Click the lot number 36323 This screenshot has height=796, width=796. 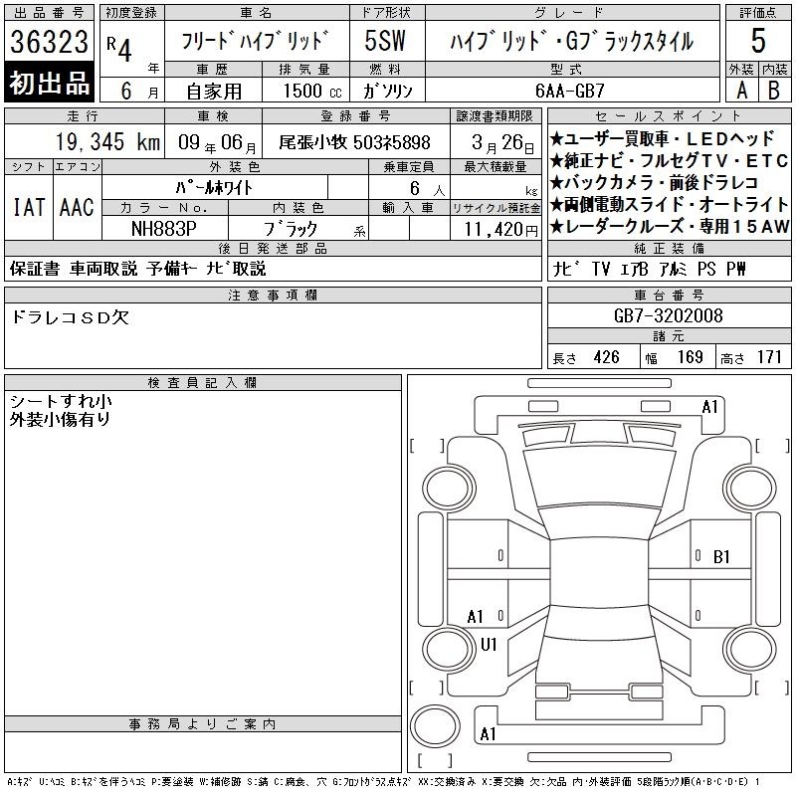point(49,42)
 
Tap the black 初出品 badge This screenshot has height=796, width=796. point(49,83)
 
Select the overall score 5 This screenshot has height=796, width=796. point(758,41)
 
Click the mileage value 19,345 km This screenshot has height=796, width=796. point(107,142)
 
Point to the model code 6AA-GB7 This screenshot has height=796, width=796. point(570,91)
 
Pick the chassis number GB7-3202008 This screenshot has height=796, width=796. point(668,315)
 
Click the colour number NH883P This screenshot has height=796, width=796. point(164,229)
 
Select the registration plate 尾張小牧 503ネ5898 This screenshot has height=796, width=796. point(354,142)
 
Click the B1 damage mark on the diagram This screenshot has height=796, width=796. point(721,557)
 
